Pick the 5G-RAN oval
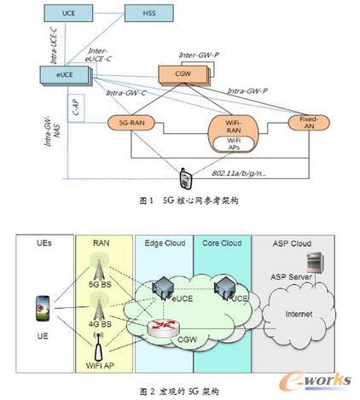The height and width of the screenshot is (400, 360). pos(127,124)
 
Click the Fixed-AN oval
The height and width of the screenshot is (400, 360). pos(310,123)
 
